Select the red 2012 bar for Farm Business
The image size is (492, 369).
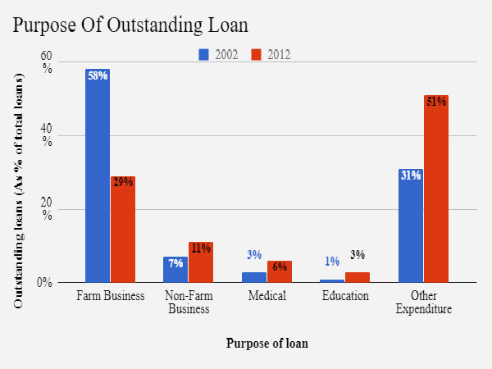coord(123,230)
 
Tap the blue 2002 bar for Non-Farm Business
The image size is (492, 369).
coord(175,271)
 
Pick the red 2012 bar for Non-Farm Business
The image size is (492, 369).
coord(201,262)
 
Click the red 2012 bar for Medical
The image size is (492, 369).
coord(280,272)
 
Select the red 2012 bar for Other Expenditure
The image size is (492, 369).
coord(436,189)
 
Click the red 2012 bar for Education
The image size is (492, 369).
coord(358,278)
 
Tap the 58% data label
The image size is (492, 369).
coord(98,76)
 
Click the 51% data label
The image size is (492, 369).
coord(436,102)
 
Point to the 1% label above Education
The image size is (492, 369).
coord(332,262)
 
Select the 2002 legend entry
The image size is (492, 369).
coord(219,55)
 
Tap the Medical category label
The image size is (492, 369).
coord(267,296)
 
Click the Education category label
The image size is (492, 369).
coord(345,296)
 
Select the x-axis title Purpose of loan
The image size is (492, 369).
coord(267,344)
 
